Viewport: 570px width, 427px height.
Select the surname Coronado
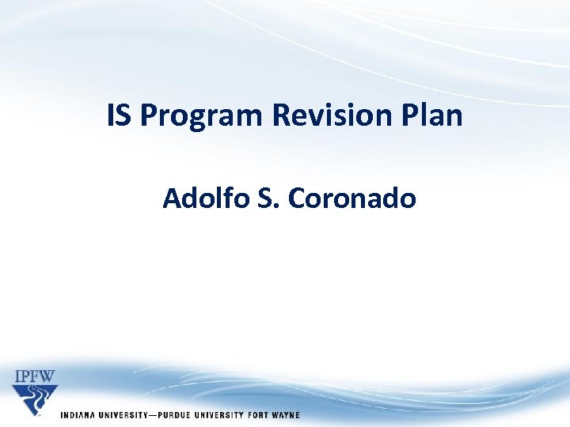tap(352, 198)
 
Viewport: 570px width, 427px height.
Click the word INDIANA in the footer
tap(77, 415)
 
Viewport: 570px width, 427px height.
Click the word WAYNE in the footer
tap(287, 415)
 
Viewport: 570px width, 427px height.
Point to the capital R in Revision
tap(281, 116)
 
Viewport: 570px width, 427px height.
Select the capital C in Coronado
tap(298, 198)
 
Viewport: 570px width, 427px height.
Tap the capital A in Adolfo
tap(171, 198)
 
